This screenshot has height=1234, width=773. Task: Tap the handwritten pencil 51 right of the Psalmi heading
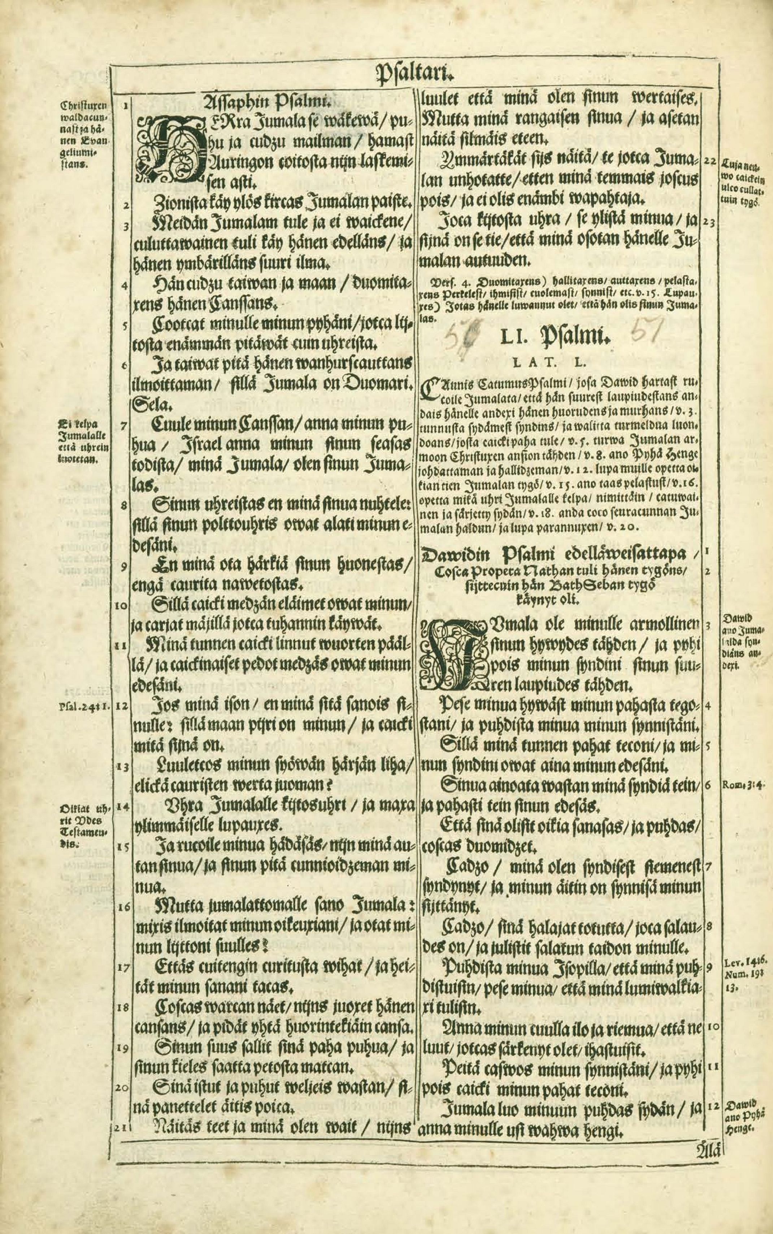click(x=648, y=334)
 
